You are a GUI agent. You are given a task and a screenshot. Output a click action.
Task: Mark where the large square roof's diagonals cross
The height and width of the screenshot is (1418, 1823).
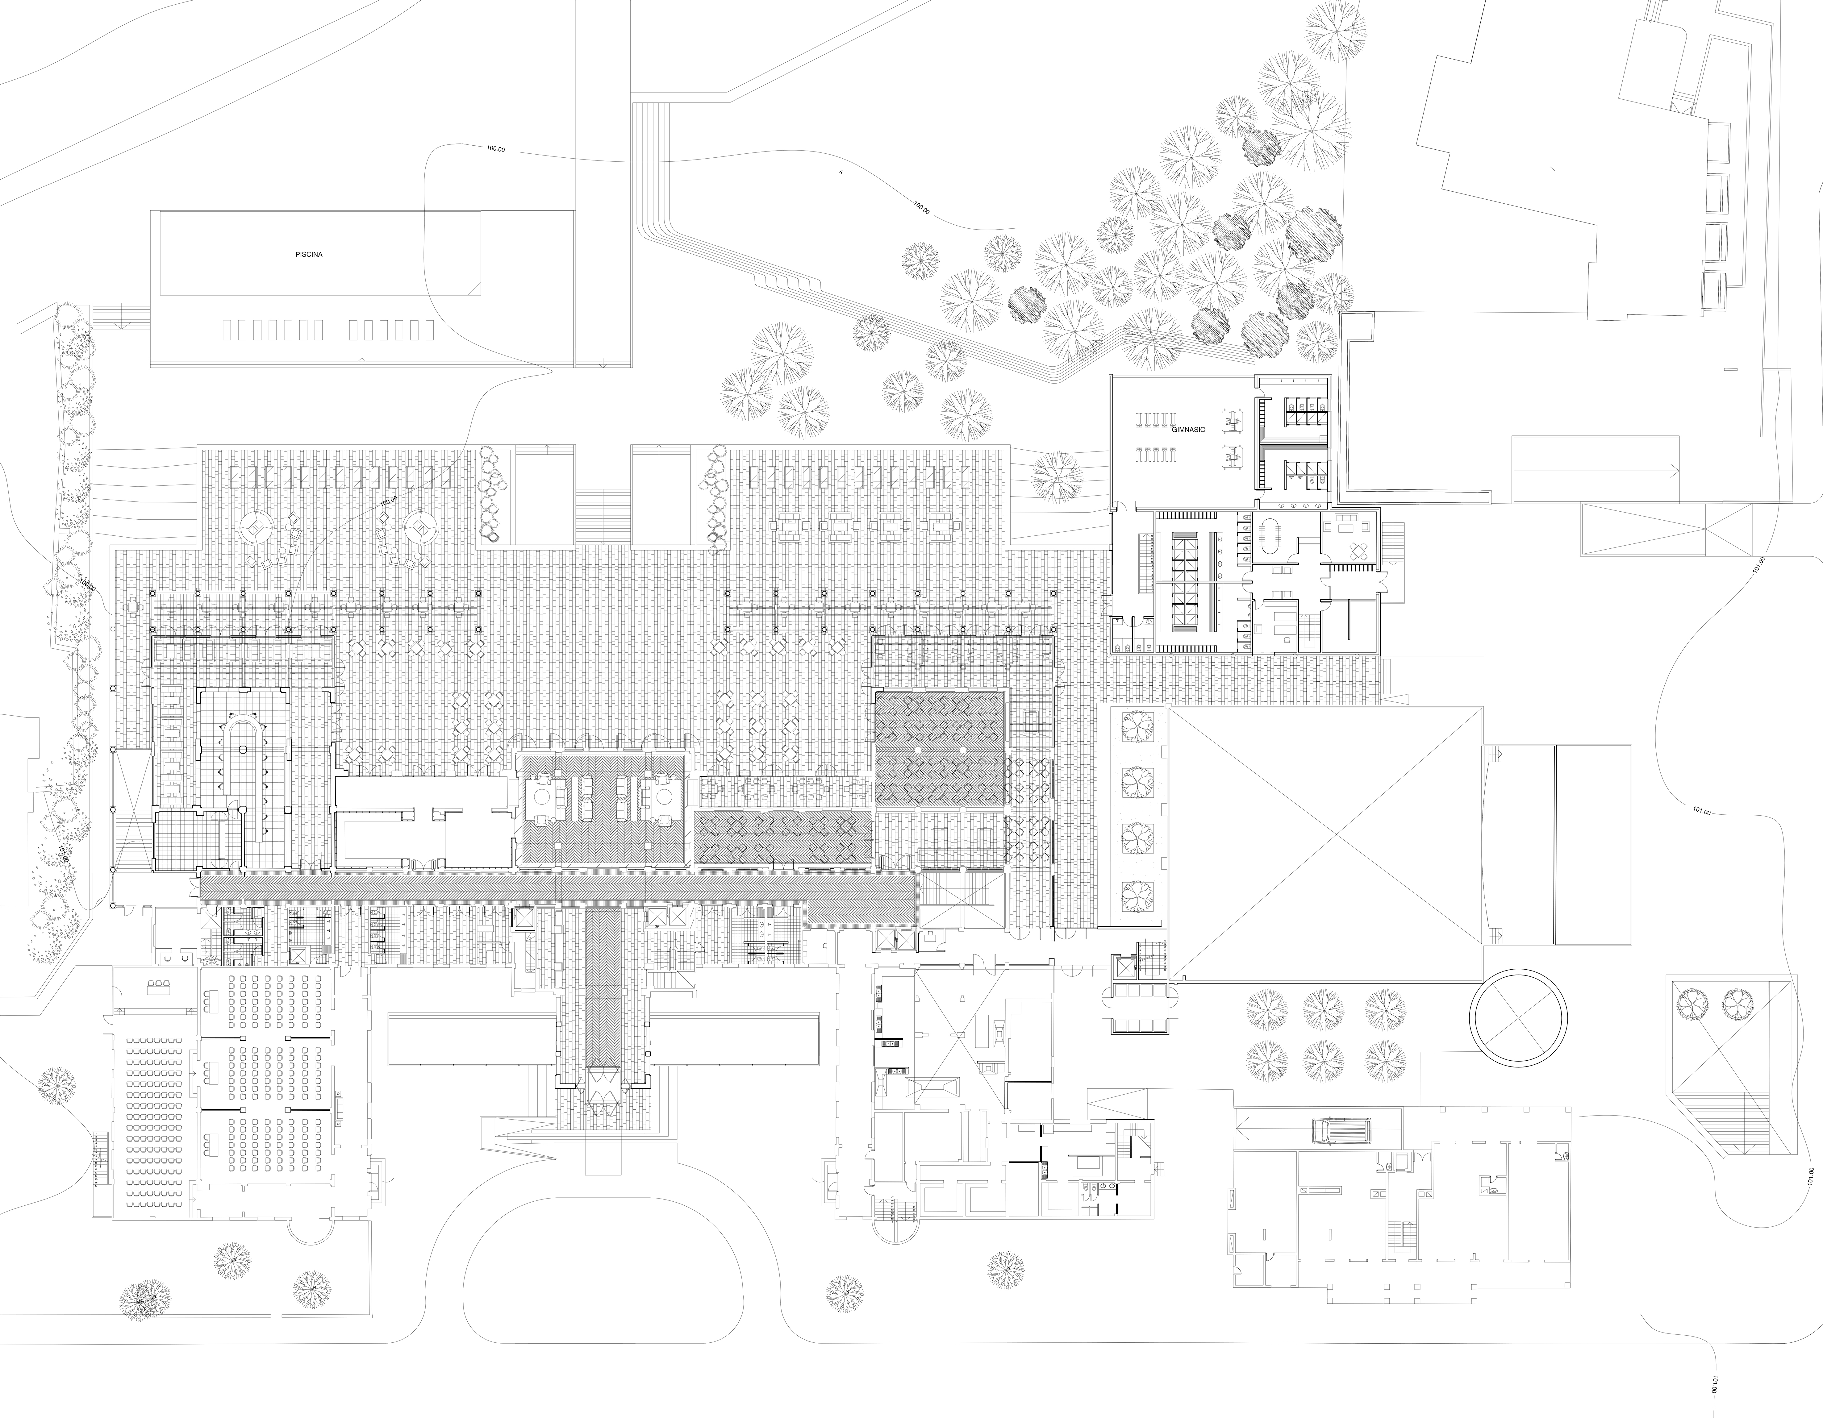(x=1325, y=843)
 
